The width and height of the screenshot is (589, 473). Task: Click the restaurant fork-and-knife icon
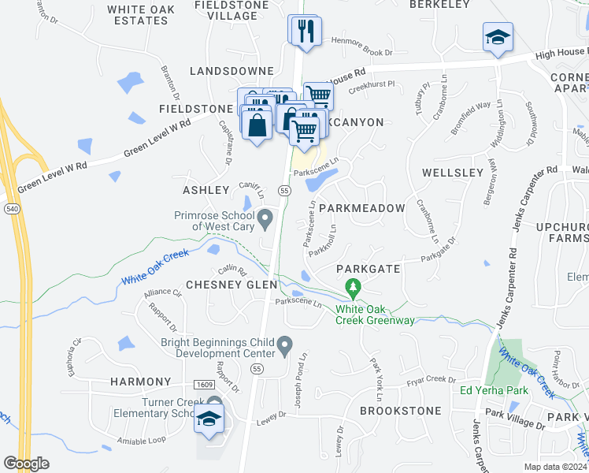click(x=303, y=32)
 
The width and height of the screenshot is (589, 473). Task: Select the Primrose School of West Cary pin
click(x=265, y=217)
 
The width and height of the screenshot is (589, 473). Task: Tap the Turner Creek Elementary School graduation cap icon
click(x=209, y=419)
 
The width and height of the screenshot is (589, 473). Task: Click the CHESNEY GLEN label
click(x=231, y=285)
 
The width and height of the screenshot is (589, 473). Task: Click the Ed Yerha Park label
click(x=494, y=390)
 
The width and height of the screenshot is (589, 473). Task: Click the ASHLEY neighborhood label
click(x=206, y=190)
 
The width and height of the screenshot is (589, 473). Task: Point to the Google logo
click(x=26, y=464)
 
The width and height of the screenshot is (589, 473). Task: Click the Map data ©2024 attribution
click(x=555, y=467)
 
